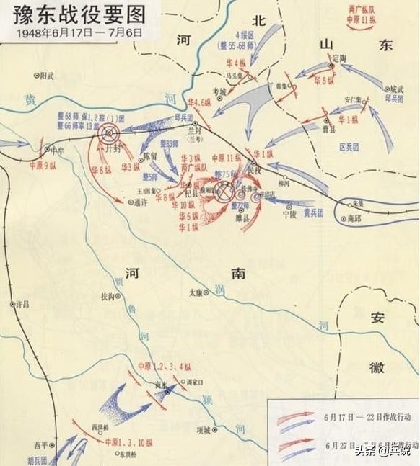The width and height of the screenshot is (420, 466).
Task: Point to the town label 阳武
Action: (49, 74)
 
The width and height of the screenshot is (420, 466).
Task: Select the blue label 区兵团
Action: (349, 146)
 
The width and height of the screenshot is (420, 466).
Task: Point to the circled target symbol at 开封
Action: (109, 133)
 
